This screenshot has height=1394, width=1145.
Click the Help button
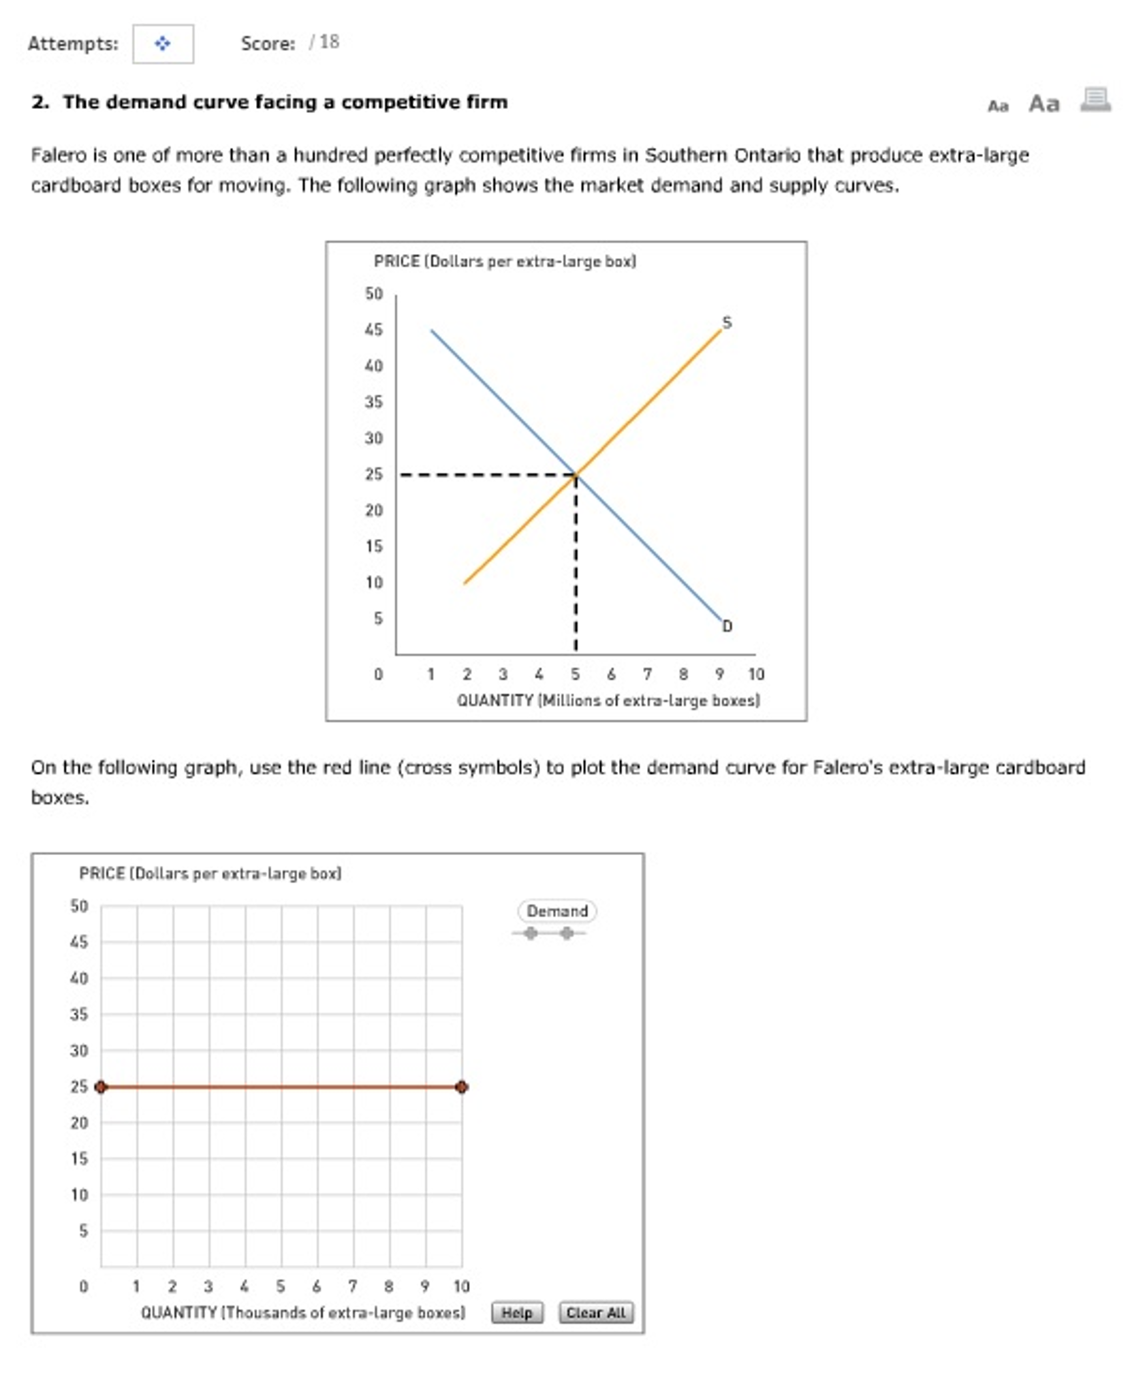pyautogui.click(x=516, y=1312)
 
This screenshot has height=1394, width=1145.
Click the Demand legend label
pyautogui.click(x=556, y=910)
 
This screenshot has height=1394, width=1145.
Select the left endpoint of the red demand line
pyautogui.click(x=101, y=1086)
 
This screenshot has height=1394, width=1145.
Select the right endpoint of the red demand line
pyautogui.click(x=461, y=1086)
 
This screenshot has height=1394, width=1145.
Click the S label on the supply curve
pyautogui.click(x=726, y=322)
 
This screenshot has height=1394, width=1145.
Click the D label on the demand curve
pyautogui.click(x=727, y=625)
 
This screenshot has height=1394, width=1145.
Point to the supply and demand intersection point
pyautogui.click(x=576, y=474)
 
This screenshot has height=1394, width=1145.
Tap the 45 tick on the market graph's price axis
pyautogui.click(x=373, y=330)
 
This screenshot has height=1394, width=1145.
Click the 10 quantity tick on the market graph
pyautogui.click(x=755, y=674)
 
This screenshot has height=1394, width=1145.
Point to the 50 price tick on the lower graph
pyautogui.click(x=79, y=905)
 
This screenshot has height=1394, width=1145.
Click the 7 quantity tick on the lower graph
pyautogui.click(x=352, y=1286)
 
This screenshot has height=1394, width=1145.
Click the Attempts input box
pyautogui.click(x=163, y=44)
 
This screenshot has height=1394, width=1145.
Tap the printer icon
pyautogui.click(x=1095, y=100)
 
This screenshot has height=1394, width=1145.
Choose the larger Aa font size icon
pyautogui.click(x=1044, y=104)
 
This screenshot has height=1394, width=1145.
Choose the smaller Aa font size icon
pyautogui.click(x=997, y=106)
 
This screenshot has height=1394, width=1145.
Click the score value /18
pyautogui.click(x=324, y=42)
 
